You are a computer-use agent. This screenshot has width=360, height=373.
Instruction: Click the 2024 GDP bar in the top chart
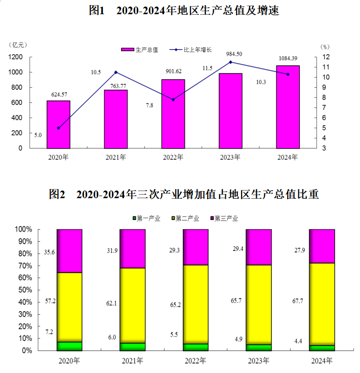[288, 107]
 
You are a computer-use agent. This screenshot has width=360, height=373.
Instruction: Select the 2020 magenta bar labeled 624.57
[59, 124]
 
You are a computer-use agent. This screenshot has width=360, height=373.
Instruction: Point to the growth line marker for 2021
[116, 72]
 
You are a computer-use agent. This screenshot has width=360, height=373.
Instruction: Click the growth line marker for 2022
[173, 99]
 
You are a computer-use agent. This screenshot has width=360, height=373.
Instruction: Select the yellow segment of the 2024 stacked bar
[322, 304]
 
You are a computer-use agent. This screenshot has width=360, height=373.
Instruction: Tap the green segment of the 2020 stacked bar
[69, 346]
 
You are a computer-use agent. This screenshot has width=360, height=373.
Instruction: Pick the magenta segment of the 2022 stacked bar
[195, 247]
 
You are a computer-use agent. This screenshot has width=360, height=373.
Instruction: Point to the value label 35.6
[50, 252]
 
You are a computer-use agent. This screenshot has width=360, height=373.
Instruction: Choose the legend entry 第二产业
[186, 218]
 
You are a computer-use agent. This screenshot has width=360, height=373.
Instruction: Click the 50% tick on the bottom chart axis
[24, 290]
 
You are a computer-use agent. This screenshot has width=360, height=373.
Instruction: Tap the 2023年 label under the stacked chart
[259, 361]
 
